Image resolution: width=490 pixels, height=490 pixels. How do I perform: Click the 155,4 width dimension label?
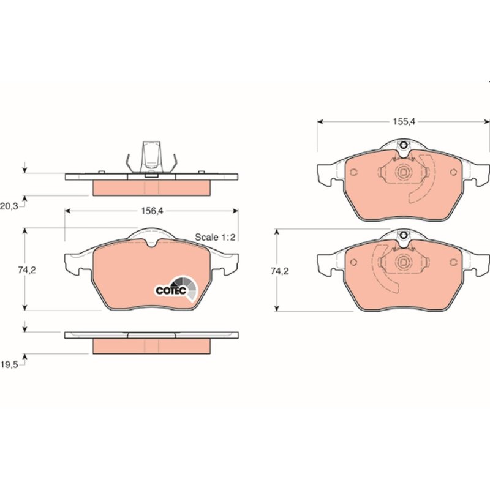[x=404, y=121]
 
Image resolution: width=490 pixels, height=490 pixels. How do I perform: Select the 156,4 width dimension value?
[x=152, y=211]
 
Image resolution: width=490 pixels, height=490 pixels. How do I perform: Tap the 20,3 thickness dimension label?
[x=9, y=206]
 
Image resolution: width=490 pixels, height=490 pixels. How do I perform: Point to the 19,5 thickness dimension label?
[x=9, y=365]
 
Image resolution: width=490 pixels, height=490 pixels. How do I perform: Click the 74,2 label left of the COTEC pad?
[x=26, y=270]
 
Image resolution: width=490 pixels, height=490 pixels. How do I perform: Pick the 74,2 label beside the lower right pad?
[x=280, y=271]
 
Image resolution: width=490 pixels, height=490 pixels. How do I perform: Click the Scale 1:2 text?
[x=215, y=237]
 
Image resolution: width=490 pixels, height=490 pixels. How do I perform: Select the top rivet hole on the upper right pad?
[x=404, y=145]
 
